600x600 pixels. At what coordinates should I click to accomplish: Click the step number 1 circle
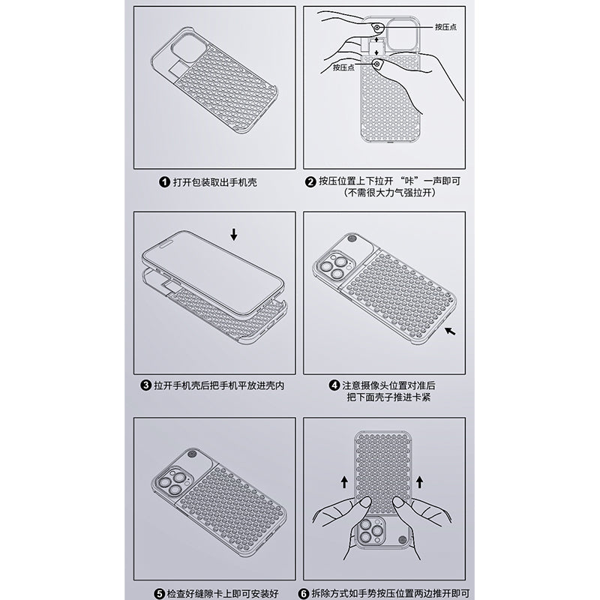[164, 181]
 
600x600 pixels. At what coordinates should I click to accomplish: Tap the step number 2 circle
[310, 181]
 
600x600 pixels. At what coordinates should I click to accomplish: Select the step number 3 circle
[145, 385]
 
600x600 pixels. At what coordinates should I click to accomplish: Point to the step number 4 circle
[334, 385]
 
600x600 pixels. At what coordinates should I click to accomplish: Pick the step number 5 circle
[160, 594]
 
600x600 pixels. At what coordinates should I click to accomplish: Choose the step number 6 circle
[304, 594]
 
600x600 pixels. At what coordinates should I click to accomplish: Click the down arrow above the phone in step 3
[234, 235]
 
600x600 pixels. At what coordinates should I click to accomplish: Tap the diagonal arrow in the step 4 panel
[450, 331]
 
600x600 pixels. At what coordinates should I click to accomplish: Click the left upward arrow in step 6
[344, 481]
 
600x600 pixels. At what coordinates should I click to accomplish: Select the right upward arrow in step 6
[420, 481]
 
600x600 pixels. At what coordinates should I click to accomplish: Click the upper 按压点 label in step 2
[445, 27]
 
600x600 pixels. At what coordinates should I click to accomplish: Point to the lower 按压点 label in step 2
[343, 67]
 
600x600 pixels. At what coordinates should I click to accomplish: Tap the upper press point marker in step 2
[377, 28]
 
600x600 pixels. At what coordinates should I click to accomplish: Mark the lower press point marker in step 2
[377, 64]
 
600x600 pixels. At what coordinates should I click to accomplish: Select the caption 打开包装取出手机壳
[215, 182]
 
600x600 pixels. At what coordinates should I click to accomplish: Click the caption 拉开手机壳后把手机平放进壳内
[219, 385]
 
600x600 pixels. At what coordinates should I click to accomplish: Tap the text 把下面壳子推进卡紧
[388, 397]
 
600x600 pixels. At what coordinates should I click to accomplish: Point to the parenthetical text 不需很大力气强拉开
[390, 193]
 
